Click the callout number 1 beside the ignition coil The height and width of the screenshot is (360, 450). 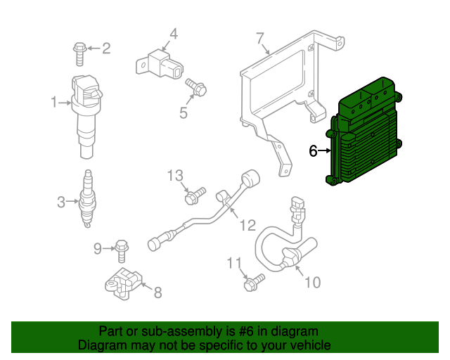(x=54, y=103)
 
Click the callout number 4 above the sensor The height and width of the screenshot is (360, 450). (x=173, y=33)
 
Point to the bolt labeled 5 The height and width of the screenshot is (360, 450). (x=195, y=88)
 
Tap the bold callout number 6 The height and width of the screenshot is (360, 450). (x=313, y=150)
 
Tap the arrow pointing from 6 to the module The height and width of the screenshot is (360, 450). (x=328, y=150)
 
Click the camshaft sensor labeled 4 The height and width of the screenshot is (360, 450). (x=162, y=63)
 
